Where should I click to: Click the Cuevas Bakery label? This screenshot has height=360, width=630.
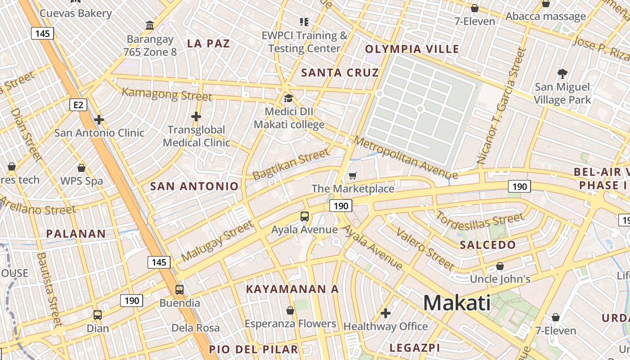[76, 13]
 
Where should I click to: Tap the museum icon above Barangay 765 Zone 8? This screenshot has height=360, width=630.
[150, 25]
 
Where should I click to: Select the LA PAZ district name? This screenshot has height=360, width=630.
[208, 44]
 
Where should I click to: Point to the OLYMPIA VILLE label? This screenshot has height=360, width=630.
[412, 49]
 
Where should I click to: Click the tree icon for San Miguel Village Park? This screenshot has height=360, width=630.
[562, 73]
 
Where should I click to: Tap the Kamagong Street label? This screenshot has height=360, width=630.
[167, 94]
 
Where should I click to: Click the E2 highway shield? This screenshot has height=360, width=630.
[78, 105]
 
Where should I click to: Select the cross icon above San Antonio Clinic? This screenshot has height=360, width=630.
[99, 120]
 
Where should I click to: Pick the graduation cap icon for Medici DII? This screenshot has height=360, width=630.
[288, 98]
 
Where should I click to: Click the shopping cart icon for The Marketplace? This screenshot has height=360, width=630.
[353, 175]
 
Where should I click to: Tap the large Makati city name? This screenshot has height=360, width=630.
[457, 303]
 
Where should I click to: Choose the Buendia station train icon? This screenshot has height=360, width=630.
[180, 289]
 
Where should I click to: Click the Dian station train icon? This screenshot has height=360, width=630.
[98, 315]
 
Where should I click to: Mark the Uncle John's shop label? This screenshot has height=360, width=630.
[500, 279]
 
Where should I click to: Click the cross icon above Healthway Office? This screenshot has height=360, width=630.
[386, 313]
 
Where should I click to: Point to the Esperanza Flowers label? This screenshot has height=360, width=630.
[290, 324]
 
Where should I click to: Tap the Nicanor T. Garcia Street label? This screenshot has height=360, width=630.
[501, 106]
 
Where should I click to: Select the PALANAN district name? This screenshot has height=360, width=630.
[76, 234]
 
